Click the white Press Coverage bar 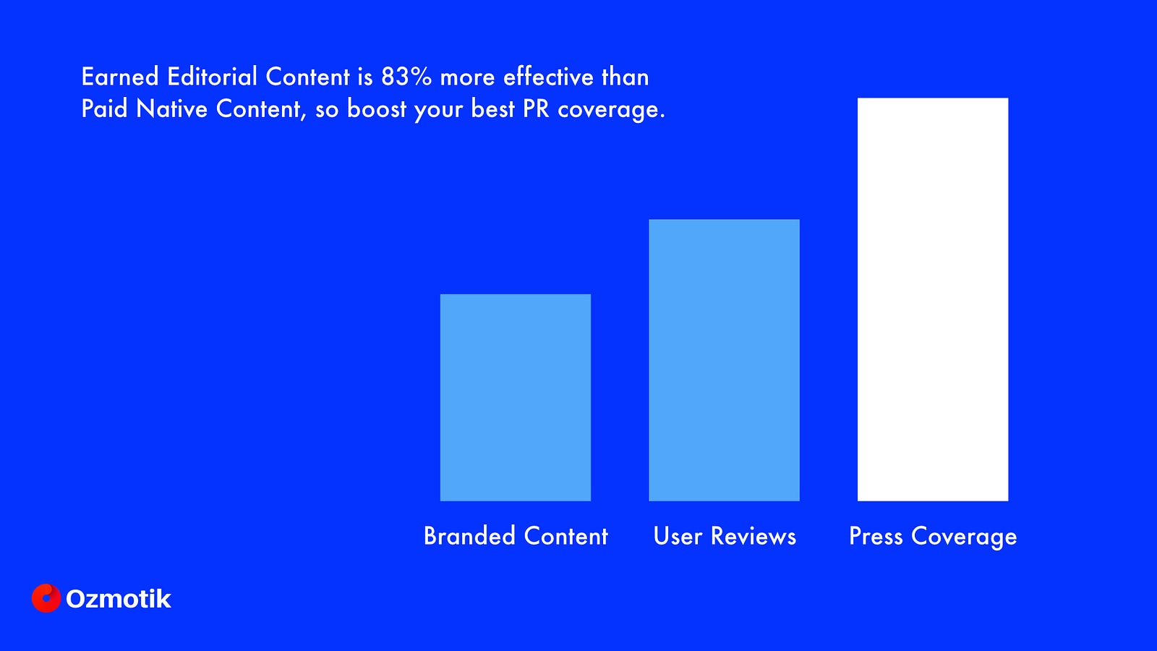click(933, 299)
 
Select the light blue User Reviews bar click(724, 360)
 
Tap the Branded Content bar click(516, 397)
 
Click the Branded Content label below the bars click(516, 536)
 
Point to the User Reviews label click(725, 536)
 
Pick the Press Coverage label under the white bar click(933, 537)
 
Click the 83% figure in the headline click(406, 77)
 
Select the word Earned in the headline click(120, 77)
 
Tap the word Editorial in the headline click(212, 77)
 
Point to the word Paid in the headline click(104, 109)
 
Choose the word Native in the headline click(171, 109)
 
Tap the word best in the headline click(492, 109)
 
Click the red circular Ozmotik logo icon click(46, 598)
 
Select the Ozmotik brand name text click(119, 599)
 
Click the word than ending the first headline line click(625, 77)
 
